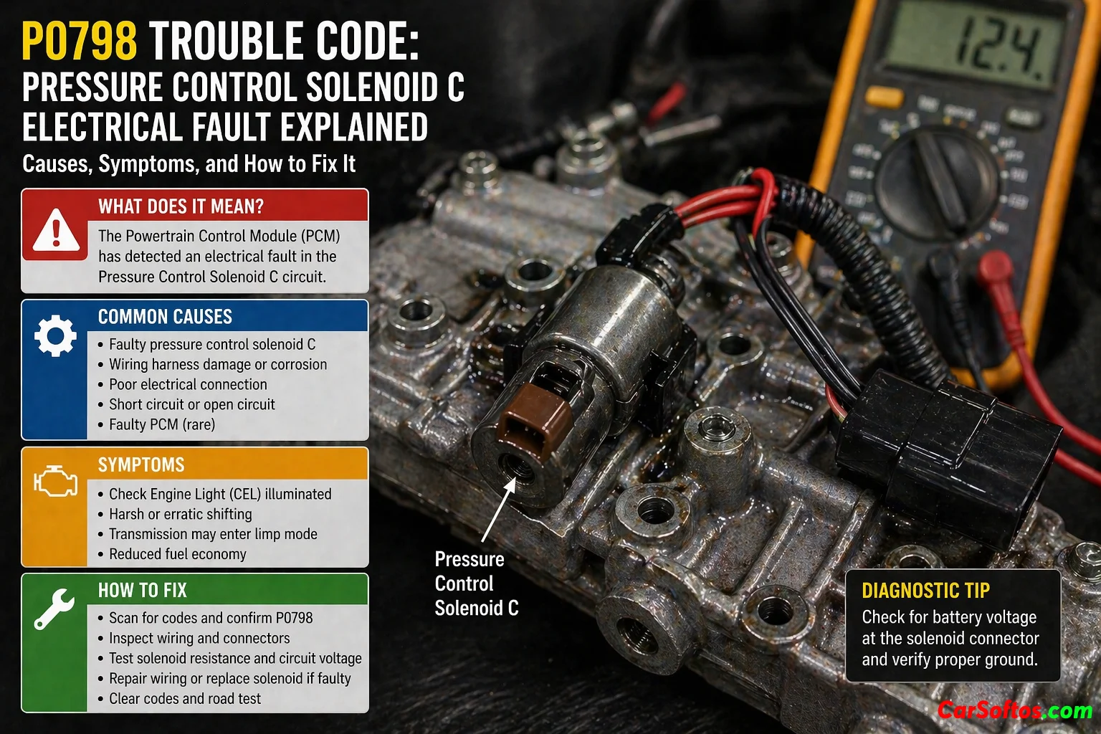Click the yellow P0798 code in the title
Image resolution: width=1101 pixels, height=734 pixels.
tap(80, 43)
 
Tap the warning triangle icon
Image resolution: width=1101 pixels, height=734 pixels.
tap(55, 230)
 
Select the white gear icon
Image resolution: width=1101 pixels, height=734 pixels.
tap(55, 335)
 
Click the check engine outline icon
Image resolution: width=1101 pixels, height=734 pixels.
tap(55, 480)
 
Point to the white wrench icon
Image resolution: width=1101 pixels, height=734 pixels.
tap(54, 609)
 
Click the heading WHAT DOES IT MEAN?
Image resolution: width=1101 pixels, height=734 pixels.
tap(181, 206)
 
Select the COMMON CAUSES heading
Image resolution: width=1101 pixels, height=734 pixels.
tap(165, 317)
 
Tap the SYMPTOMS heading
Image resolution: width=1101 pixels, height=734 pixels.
tap(141, 464)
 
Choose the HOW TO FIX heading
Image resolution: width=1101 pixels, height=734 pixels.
tap(143, 590)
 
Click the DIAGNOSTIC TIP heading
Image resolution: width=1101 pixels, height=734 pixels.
tap(925, 591)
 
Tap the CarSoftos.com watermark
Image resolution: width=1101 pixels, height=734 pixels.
tap(1014, 711)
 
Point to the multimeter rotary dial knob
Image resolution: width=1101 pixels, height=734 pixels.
tap(938, 178)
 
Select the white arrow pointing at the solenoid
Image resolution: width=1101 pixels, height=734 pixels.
tap(498, 510)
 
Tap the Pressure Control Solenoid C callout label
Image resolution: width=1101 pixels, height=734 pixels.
tap(476, 583)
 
